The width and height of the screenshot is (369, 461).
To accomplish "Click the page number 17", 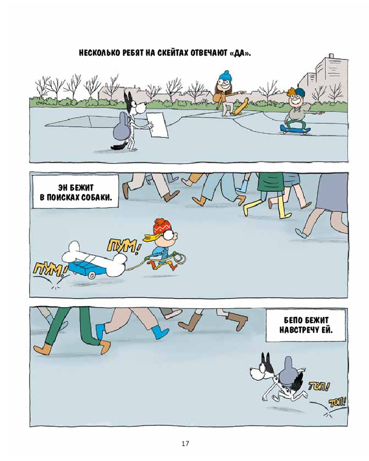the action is [185, 443].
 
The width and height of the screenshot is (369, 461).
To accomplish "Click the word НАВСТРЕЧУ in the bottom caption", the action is [297, 330].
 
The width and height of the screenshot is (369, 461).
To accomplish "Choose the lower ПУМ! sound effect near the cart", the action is [49, 269].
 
